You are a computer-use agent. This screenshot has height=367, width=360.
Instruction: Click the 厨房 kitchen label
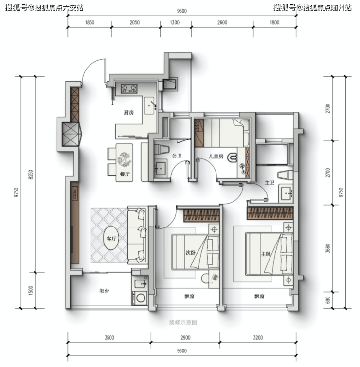pos(128,113)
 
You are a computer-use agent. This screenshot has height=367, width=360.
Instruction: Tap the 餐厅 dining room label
pos(125,174)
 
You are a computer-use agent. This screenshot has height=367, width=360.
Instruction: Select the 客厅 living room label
pos(111,239)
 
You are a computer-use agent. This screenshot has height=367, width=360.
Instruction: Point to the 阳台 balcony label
pos(104,291)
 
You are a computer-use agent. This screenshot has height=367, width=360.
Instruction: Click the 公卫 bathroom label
pos(177,156)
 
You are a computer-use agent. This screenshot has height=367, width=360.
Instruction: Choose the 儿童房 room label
pos(216,156)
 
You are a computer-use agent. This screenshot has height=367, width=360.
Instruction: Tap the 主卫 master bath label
pos(270,183)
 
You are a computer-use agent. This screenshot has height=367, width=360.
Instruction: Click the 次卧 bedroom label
pos(191,253)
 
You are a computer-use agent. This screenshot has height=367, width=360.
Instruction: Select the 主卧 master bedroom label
pos(266,254)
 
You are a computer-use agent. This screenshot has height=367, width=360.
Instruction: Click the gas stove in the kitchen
pos(129,88)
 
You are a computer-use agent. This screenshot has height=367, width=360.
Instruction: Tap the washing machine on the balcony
pos(140,297)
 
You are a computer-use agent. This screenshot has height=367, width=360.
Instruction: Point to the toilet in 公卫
pos(162,149)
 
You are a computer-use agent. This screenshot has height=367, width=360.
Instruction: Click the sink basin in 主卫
pos(286,193)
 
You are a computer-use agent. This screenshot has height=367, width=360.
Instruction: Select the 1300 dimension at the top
pos(175,22)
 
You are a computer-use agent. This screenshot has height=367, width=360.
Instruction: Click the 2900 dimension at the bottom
pos(185,338)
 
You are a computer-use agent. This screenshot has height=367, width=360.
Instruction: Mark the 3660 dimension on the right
pos(328,248)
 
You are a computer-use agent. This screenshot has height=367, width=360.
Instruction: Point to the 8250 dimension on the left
pos(31,175)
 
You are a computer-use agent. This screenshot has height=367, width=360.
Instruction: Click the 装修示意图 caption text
pos(183,323)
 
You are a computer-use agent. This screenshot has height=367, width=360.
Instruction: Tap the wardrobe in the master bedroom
pos(270,213)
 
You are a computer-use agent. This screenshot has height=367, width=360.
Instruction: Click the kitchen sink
pos(149,105)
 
